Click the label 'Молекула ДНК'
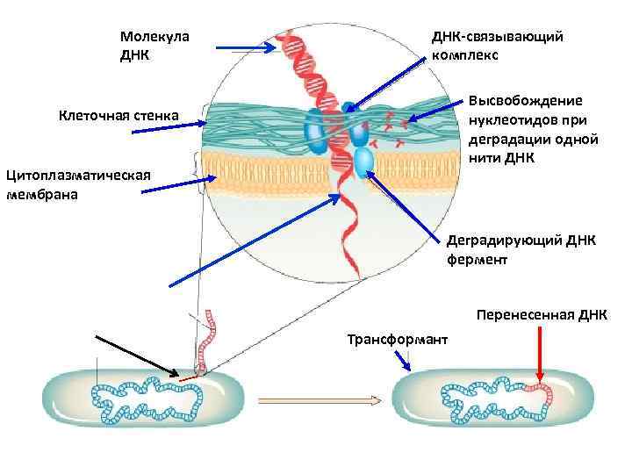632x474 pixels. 154,45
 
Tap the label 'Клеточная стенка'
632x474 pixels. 118,115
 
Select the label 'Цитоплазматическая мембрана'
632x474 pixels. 78,184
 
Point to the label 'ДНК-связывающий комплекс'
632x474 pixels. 497,45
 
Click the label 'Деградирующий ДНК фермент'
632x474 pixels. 521,249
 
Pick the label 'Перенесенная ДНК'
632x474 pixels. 542,314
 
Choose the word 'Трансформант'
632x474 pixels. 397,339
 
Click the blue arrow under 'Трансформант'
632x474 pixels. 406,359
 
